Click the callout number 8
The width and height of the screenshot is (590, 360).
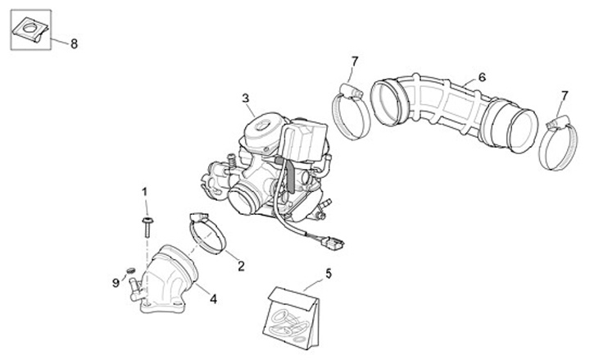[x=74, y=43]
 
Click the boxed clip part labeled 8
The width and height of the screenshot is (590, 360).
[x=31, y=31]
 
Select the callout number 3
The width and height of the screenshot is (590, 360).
[x=245, y=98]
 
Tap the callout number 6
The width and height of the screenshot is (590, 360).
[x=482, y=77]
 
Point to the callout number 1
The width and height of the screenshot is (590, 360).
[x=145, y=192]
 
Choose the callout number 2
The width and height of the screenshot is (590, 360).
[x=241, y=266]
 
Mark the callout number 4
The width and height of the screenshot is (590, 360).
[x=213, y=299]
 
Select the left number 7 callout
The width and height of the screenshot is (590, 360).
[x=354, y=61]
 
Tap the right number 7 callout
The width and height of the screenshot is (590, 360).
[x=564, y=96]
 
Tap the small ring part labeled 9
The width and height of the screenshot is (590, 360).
[x=129, y=271]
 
